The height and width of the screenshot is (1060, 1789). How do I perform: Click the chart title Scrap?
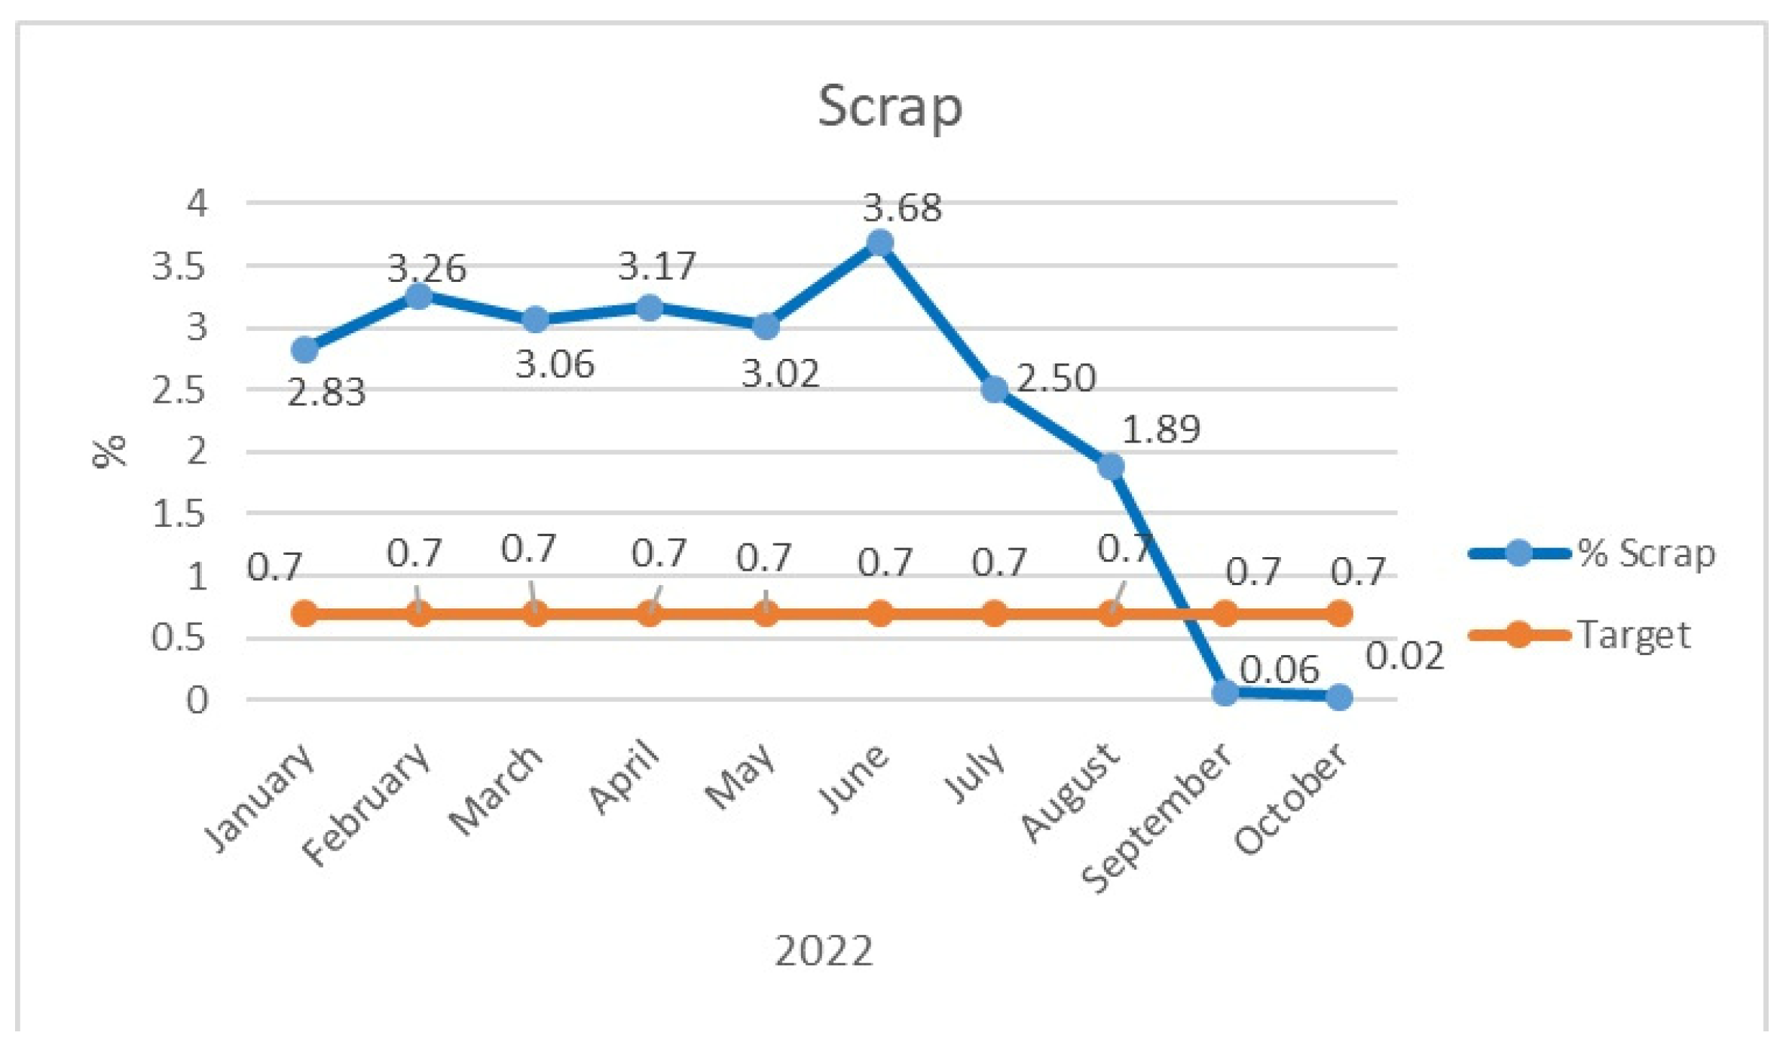coord(890,107)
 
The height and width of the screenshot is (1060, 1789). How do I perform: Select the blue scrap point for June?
coord(879,243)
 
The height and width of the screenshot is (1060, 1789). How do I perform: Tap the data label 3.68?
coord(902,208)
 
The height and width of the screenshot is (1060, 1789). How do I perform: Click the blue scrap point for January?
coord(304,349)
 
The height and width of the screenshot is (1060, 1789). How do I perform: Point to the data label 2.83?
coord(326,393)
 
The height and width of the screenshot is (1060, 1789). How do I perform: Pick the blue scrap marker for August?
coord(1111,466)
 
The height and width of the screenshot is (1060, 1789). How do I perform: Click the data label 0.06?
coord(1279,670)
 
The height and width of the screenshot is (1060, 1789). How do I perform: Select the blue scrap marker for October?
coord(1339,697)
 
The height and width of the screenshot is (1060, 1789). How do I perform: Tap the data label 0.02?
coord(1404,656)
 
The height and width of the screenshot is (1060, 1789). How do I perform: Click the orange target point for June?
coord(879,614)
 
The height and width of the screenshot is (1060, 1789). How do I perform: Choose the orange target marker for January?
coord(304,614)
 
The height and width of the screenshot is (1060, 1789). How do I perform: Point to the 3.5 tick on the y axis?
coord(179,266)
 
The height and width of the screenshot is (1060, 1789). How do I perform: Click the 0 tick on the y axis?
coord(197,700)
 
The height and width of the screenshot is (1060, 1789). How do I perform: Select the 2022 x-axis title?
coord(824,951)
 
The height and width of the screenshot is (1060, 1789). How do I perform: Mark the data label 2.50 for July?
coord(1056,378)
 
